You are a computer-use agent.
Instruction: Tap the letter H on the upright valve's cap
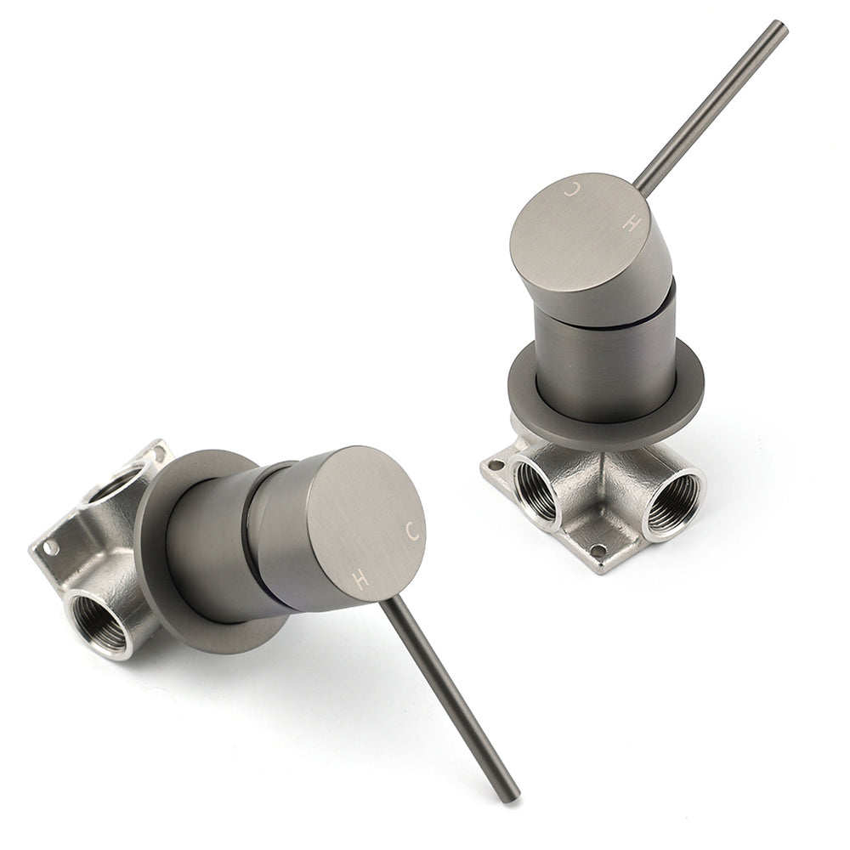[630, 222]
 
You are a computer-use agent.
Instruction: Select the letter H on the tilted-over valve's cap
[360, 580]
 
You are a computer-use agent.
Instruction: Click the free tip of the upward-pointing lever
[780, 26]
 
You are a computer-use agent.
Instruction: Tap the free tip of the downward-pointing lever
[511, 796]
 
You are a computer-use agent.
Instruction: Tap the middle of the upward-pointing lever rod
[711, 106]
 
